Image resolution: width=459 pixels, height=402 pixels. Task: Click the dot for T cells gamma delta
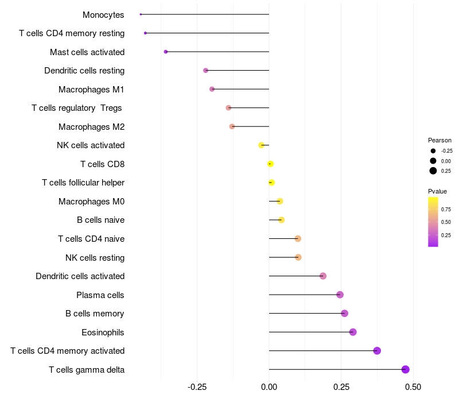click(x=406, y=369)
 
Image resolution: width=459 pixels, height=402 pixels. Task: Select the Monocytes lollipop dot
click(x=141, y=14)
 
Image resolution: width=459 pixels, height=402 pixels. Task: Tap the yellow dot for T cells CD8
click(x=270, y=164)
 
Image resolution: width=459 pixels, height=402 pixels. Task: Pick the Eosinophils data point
click(x=353, y=332)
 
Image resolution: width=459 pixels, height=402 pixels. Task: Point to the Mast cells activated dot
click(x=166, y=52)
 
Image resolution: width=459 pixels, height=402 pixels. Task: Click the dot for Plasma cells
click(x=340, y=295)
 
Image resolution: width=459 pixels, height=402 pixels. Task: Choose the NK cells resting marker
click(x=298, y=257)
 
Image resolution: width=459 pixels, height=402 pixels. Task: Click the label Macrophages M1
click(x=91, y=89)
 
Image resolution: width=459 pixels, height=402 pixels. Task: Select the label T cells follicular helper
click(x=83, y=183)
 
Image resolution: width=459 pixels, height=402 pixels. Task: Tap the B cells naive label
click(x=100, y=220)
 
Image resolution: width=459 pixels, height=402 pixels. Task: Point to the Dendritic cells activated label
click(x=80, y=276)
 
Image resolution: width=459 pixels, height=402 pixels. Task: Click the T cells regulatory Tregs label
click(x=77, y=108)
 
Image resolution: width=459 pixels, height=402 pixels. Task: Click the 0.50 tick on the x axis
click(x=413, y=387)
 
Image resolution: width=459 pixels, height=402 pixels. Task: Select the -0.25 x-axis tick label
click(x=197, y=387)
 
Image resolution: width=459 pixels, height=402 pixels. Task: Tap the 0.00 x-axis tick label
click(x=269, y=387)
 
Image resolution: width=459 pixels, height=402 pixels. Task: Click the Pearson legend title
click(x=439, y=140)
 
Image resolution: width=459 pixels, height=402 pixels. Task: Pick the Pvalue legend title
click(x=437, y=191)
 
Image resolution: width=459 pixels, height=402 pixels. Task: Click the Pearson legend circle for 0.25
click(x=433, y=171)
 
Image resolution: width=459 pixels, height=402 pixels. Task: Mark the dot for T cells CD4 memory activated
click(x=377, y=351)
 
